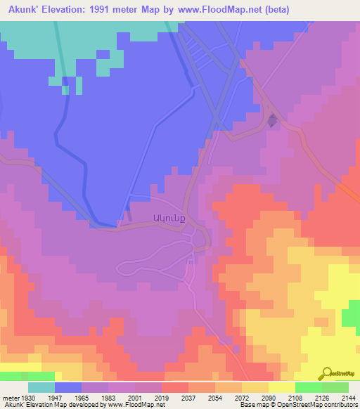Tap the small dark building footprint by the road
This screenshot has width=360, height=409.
click(x=272, y=121)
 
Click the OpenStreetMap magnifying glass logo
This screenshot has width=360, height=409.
click(x=326, y=374)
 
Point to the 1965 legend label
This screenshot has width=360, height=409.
click(x=82, y=397)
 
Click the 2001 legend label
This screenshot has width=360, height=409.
click(x=135, y=397)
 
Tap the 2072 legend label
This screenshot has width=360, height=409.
click(x=243, y=397)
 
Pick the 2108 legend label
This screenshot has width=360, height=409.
click(x=295, y=397)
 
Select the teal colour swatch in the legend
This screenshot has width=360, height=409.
click(x=41, y=387)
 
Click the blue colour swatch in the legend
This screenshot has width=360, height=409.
click(x=68, y=387)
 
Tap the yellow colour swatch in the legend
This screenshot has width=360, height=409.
click(x=282, y=387)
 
